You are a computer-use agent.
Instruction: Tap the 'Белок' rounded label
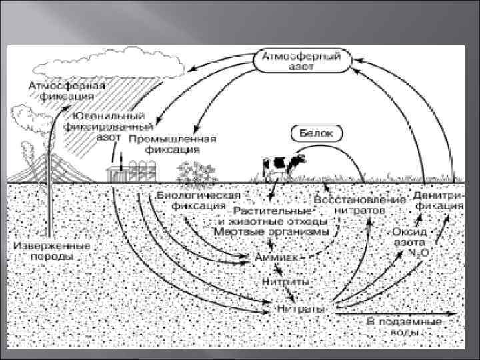coord(317,133)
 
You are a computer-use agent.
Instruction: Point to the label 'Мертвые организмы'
coord(271,232)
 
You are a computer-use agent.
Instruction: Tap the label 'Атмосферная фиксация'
coord(57,91)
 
